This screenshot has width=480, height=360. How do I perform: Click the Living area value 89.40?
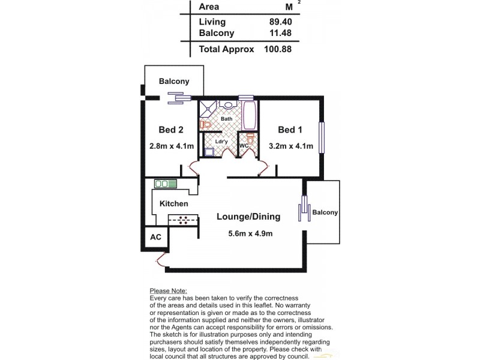click(277, 22)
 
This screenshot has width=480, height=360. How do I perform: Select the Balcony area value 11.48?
click(277, 34)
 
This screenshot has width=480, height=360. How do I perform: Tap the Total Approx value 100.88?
click(277, 49)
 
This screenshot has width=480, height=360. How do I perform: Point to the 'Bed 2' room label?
click(170, 130)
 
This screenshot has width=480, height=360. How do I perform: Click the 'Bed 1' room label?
click(290, 130)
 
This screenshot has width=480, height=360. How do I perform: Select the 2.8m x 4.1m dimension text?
click(170, 146)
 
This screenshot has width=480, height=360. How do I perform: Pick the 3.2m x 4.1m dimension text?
click(290, 146)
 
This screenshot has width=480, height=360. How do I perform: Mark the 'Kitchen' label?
click(174, 204)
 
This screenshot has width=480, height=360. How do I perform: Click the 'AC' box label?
click(155, 237)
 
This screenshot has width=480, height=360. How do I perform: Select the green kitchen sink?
click(166, 184)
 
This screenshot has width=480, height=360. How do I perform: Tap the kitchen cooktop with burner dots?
click(183, 220)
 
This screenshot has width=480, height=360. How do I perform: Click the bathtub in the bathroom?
click(250, 116)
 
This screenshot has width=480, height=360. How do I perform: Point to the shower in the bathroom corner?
click(208, 108)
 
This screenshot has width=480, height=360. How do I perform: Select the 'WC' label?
click(244, 146)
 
